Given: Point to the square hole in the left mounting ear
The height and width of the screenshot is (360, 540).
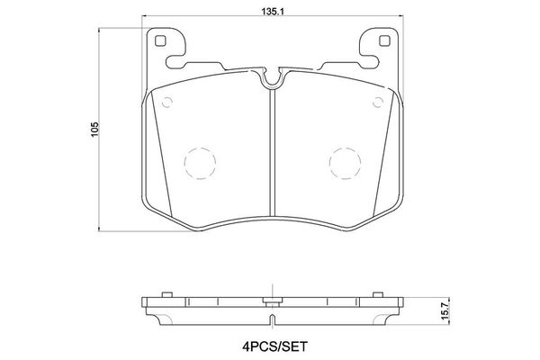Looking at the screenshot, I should [160, 40].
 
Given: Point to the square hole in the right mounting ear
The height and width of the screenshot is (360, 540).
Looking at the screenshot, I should [382, 40].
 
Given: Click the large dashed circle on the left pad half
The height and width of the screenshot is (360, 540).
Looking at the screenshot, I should [199, 162].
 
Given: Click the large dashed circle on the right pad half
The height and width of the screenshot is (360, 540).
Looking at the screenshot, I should [344, 162].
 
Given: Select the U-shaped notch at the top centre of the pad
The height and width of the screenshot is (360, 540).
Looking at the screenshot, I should [271, 81].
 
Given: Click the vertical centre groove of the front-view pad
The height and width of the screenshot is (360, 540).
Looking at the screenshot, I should [271, 153].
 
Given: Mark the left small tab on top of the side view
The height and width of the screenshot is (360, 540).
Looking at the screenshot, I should [165, 294].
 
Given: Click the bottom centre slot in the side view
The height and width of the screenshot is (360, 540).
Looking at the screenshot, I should [271, 319].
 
